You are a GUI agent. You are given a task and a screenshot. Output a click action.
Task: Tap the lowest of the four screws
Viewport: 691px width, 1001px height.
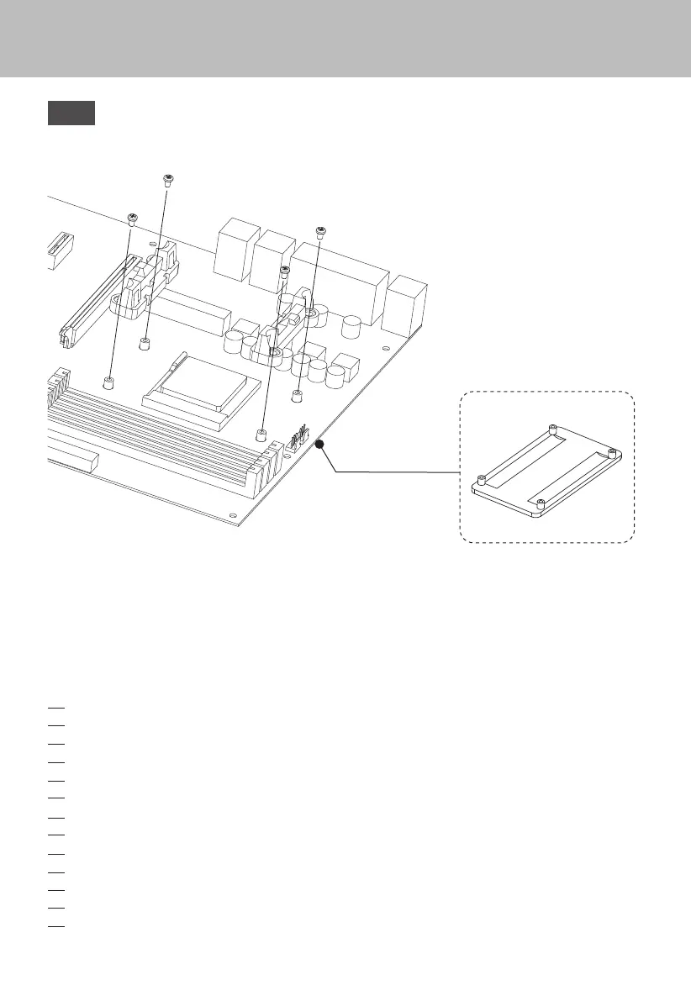tap(284, 271)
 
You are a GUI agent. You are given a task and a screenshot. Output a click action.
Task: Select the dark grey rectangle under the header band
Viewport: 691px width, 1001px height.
tap(71, 113)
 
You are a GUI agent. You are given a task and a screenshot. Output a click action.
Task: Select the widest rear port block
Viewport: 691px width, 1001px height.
tap(339, 277)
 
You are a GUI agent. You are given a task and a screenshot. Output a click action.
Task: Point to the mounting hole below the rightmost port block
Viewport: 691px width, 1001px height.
tap(385, 349)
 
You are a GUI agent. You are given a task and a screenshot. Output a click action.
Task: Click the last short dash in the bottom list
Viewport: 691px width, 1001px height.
tap(56, 926)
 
